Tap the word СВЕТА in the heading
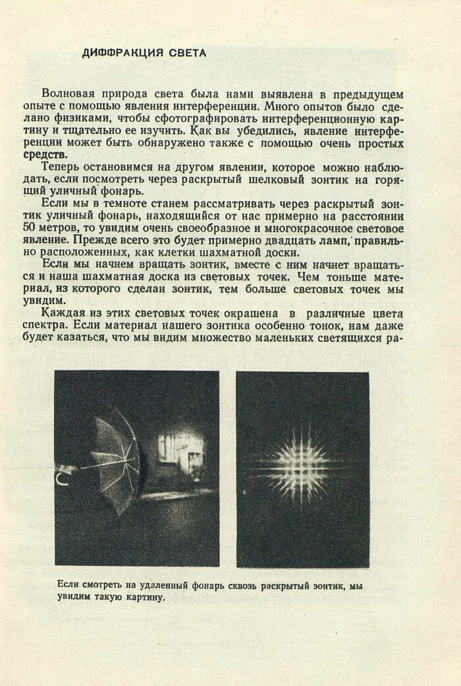(186, 53)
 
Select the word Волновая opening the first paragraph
(65, 94)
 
